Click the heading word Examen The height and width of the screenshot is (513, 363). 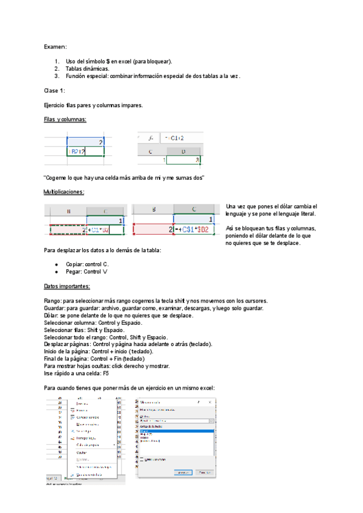coord(55,46)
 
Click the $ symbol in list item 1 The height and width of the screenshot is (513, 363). coord(108,61)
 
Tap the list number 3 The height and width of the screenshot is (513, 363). coord(57,76)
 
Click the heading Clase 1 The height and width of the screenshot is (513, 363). coord(54,90)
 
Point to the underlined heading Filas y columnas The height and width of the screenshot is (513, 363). coord(65,119)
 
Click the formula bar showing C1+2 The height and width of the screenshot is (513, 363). coord(175,138)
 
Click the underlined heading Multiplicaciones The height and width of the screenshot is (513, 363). coord(64,192)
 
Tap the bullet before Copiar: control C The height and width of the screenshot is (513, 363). coord(56,264)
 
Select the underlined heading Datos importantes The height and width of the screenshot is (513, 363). coord(67,286)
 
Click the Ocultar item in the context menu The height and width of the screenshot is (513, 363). coord(82,451)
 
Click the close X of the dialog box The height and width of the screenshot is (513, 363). coord(209,401)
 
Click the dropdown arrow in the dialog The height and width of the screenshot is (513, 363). coord(212,420)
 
